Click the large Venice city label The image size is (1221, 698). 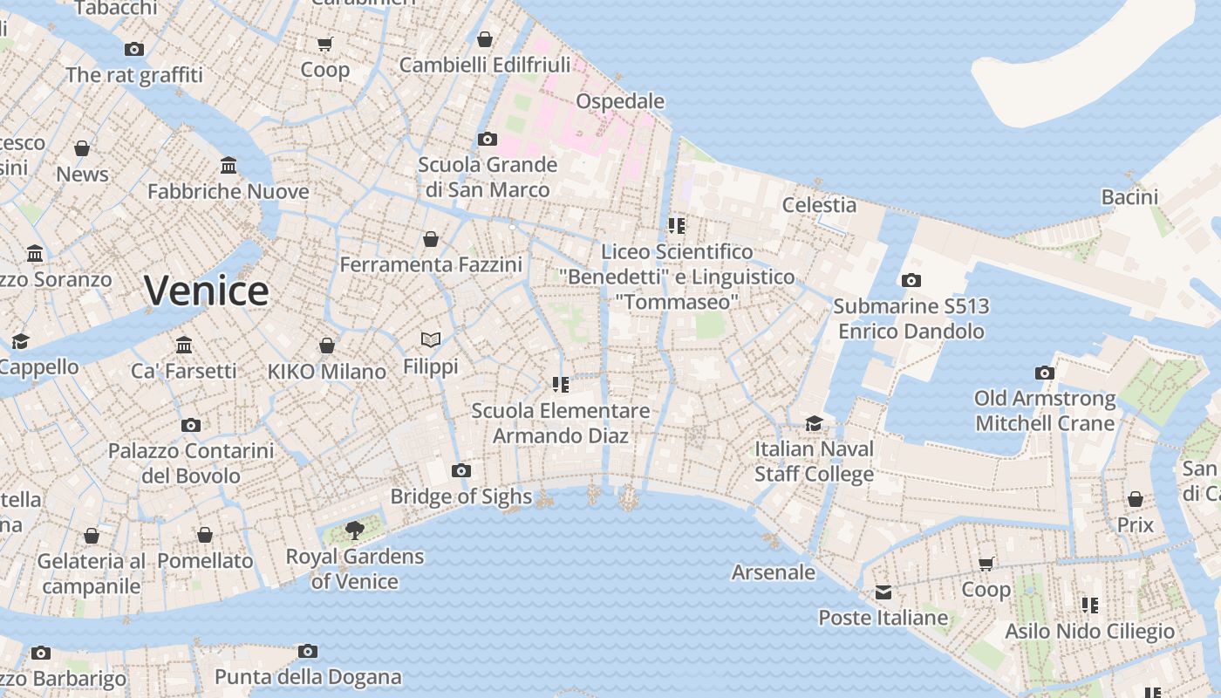[207, 291]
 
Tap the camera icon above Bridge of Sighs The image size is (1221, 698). [461, 471]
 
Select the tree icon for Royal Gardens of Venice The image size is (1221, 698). [354, 529]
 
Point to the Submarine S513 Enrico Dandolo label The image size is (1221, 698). [911, 318]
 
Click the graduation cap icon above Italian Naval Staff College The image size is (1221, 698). [814, 423]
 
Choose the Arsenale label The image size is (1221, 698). [774, 572]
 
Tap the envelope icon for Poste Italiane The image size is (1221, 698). [883, 592]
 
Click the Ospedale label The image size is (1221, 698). [620, 101]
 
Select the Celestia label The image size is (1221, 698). [819, 205]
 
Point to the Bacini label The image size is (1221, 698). [1129, 197]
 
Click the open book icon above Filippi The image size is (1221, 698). [431, 339]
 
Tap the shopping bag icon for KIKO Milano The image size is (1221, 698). [327, 346]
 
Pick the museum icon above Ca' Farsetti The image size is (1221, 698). [183, 345]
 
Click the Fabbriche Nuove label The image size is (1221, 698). [229, 191]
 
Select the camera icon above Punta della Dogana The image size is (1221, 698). [307, 651]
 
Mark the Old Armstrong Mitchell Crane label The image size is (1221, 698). [1045, 411]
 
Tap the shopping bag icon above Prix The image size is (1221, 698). [1135, 499]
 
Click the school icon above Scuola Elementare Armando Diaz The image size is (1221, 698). [560, 384]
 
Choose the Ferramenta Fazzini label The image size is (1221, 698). [431, 264]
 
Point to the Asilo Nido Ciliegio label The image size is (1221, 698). [1089, 631]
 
